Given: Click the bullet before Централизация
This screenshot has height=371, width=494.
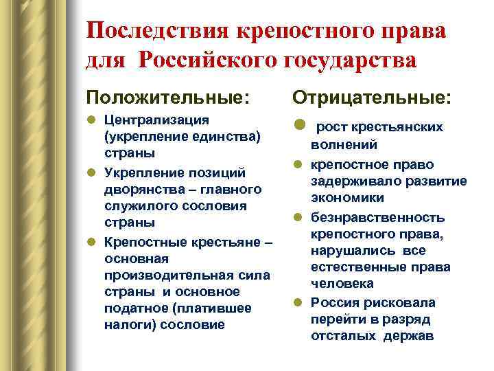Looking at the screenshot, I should click(93, 121).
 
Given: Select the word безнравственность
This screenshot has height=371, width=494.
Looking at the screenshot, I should click(377, 217).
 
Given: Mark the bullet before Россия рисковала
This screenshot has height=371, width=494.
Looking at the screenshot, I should click(299, 302).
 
